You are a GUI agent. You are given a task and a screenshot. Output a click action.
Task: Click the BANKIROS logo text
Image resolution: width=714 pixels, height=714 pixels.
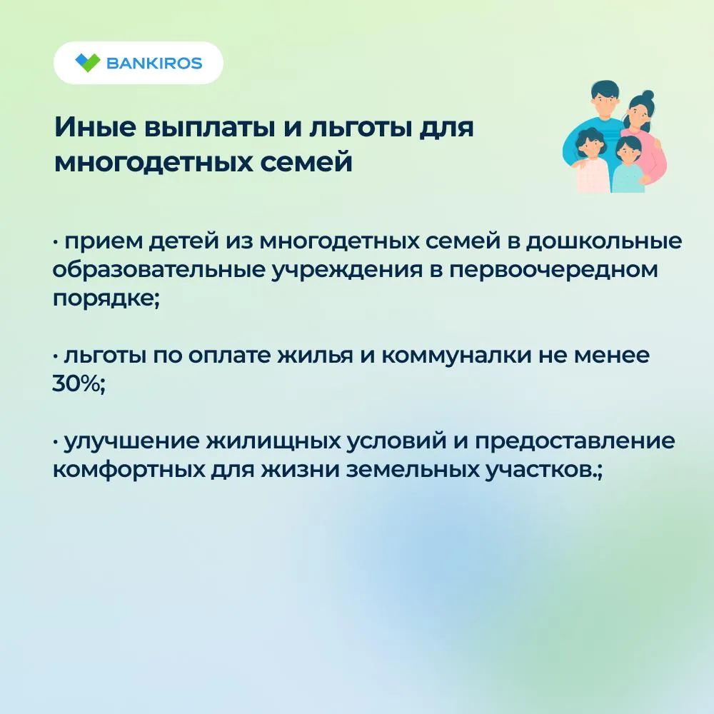click(x=154, y=63)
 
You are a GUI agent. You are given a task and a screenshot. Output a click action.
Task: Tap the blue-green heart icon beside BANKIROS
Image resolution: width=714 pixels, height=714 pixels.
click(x=87, y=63)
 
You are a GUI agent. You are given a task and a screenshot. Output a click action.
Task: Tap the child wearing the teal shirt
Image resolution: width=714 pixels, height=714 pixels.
click(x=629, y=166)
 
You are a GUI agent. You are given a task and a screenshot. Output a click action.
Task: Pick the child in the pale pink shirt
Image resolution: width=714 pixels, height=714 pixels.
click(x=590, y=161)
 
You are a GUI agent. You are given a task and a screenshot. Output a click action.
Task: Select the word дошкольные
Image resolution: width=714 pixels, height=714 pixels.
click(x=604, y=241)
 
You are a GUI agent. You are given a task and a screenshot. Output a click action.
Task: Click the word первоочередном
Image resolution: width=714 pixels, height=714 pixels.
click(x=554, y=271)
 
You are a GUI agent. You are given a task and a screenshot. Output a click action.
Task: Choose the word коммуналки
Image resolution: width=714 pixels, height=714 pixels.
click(x=456, y=355)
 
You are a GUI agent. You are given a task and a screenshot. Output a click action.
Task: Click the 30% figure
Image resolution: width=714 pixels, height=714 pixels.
click(x=76, y=384)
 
